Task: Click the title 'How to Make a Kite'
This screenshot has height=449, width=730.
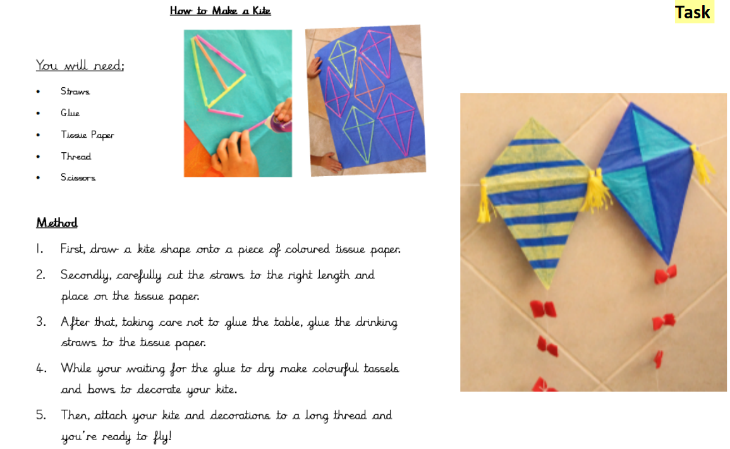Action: click(220, 11)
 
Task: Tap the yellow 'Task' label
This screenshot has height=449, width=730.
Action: click(693, 12)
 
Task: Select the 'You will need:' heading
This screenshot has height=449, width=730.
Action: click(80, 66)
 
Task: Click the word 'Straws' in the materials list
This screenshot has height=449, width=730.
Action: click(75, 92)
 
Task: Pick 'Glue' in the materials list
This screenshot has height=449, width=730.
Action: click(70, 113)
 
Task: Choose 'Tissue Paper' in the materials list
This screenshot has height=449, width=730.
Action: click(87, 135)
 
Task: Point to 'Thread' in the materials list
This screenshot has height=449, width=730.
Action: click(76, 156)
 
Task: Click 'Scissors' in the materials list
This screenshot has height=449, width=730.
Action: click(78, 177)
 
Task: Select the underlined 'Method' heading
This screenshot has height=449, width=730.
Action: click(57, 223)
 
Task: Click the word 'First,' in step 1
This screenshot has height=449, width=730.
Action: click(75, 249)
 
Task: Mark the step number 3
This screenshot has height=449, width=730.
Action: click(41, 322)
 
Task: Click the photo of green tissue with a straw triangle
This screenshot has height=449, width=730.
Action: click(238, 103)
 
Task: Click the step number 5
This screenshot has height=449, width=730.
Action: click(41, 416)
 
